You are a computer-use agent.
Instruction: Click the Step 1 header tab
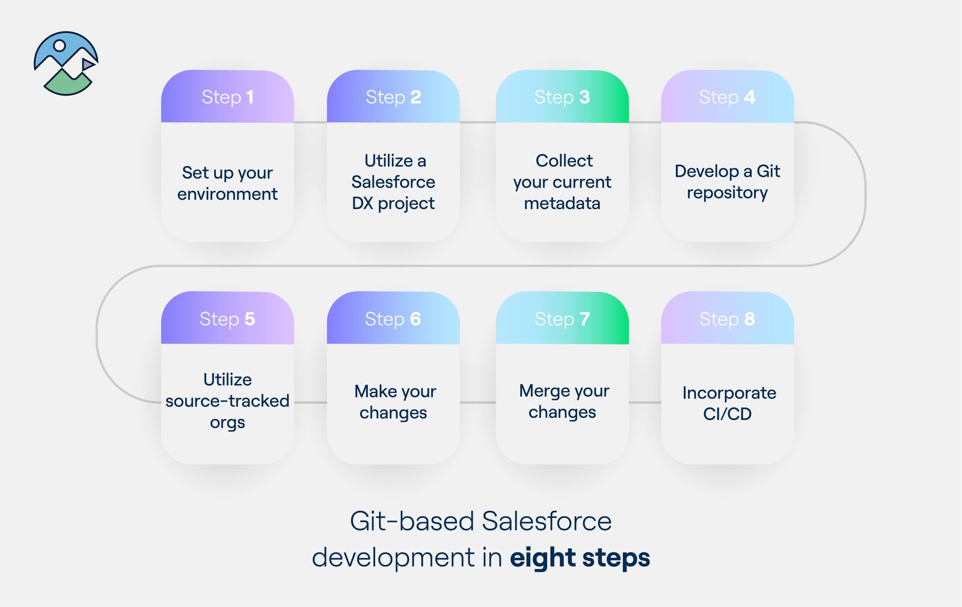(x=227, y=97)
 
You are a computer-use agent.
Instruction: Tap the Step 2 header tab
(x=393, y=97)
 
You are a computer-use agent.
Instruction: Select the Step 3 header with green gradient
(x=562, y=97)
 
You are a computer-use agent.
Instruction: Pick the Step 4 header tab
(x=727, y=97)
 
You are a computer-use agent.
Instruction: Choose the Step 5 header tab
(x=227, y=319)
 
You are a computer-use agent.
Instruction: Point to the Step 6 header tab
(x=393, y=319)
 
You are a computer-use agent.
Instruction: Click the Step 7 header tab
(x=562, y=319)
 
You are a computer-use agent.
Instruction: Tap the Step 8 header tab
(x=727, y=319)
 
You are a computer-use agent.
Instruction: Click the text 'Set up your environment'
(x=227, y=183)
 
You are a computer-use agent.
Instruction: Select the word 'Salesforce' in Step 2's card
(x=393, y=182)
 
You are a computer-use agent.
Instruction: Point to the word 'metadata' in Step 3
(x=562, y=204)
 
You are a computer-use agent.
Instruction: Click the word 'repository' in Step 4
(x=727, y=193)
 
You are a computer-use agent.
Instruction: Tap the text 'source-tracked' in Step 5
(x=227, y=401)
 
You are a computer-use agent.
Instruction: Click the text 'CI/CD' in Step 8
(x=727, y=414)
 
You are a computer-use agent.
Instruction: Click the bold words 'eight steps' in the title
(x=580, y=558)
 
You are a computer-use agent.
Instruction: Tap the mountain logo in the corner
(x=66, y=64)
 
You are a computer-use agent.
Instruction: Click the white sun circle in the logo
(x=60, y=46)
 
